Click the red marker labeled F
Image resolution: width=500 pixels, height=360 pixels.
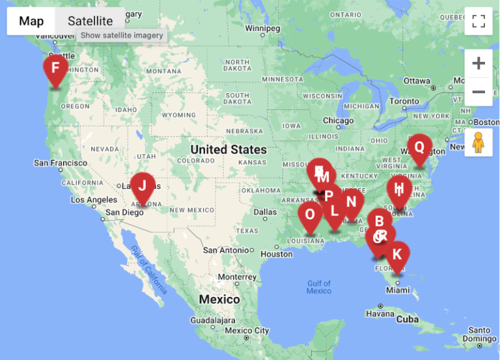click(x=55, y=68)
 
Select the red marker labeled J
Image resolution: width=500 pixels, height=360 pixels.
click(x=143, y=186)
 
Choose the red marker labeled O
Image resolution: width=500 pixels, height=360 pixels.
click(x=309, y=215)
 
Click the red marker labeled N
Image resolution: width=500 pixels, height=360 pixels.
click(x=351, y=202)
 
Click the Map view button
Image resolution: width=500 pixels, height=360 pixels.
click(x=31, y=21)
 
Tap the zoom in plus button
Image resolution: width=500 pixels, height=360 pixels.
click(x=479, y=64)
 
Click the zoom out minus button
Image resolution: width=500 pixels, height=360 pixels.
click(x=479, y=92)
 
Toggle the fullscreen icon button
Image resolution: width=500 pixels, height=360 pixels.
click(x=479, y=21)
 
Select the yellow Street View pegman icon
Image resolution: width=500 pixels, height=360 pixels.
click(x=479, y=142)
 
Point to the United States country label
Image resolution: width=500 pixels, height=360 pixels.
click(x=229, y=150)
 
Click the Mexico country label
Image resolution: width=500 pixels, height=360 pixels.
click(x=219, y=299)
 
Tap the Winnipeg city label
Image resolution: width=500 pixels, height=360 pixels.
click(x=262, y=28)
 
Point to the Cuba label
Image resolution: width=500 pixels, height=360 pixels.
click(x=408, y=319)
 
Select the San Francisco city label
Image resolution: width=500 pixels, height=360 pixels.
click(x=60, y=163)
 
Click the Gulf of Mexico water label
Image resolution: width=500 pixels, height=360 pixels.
click(x=319, y=287)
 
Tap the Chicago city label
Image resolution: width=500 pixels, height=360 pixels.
click(x=339, y=120)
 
